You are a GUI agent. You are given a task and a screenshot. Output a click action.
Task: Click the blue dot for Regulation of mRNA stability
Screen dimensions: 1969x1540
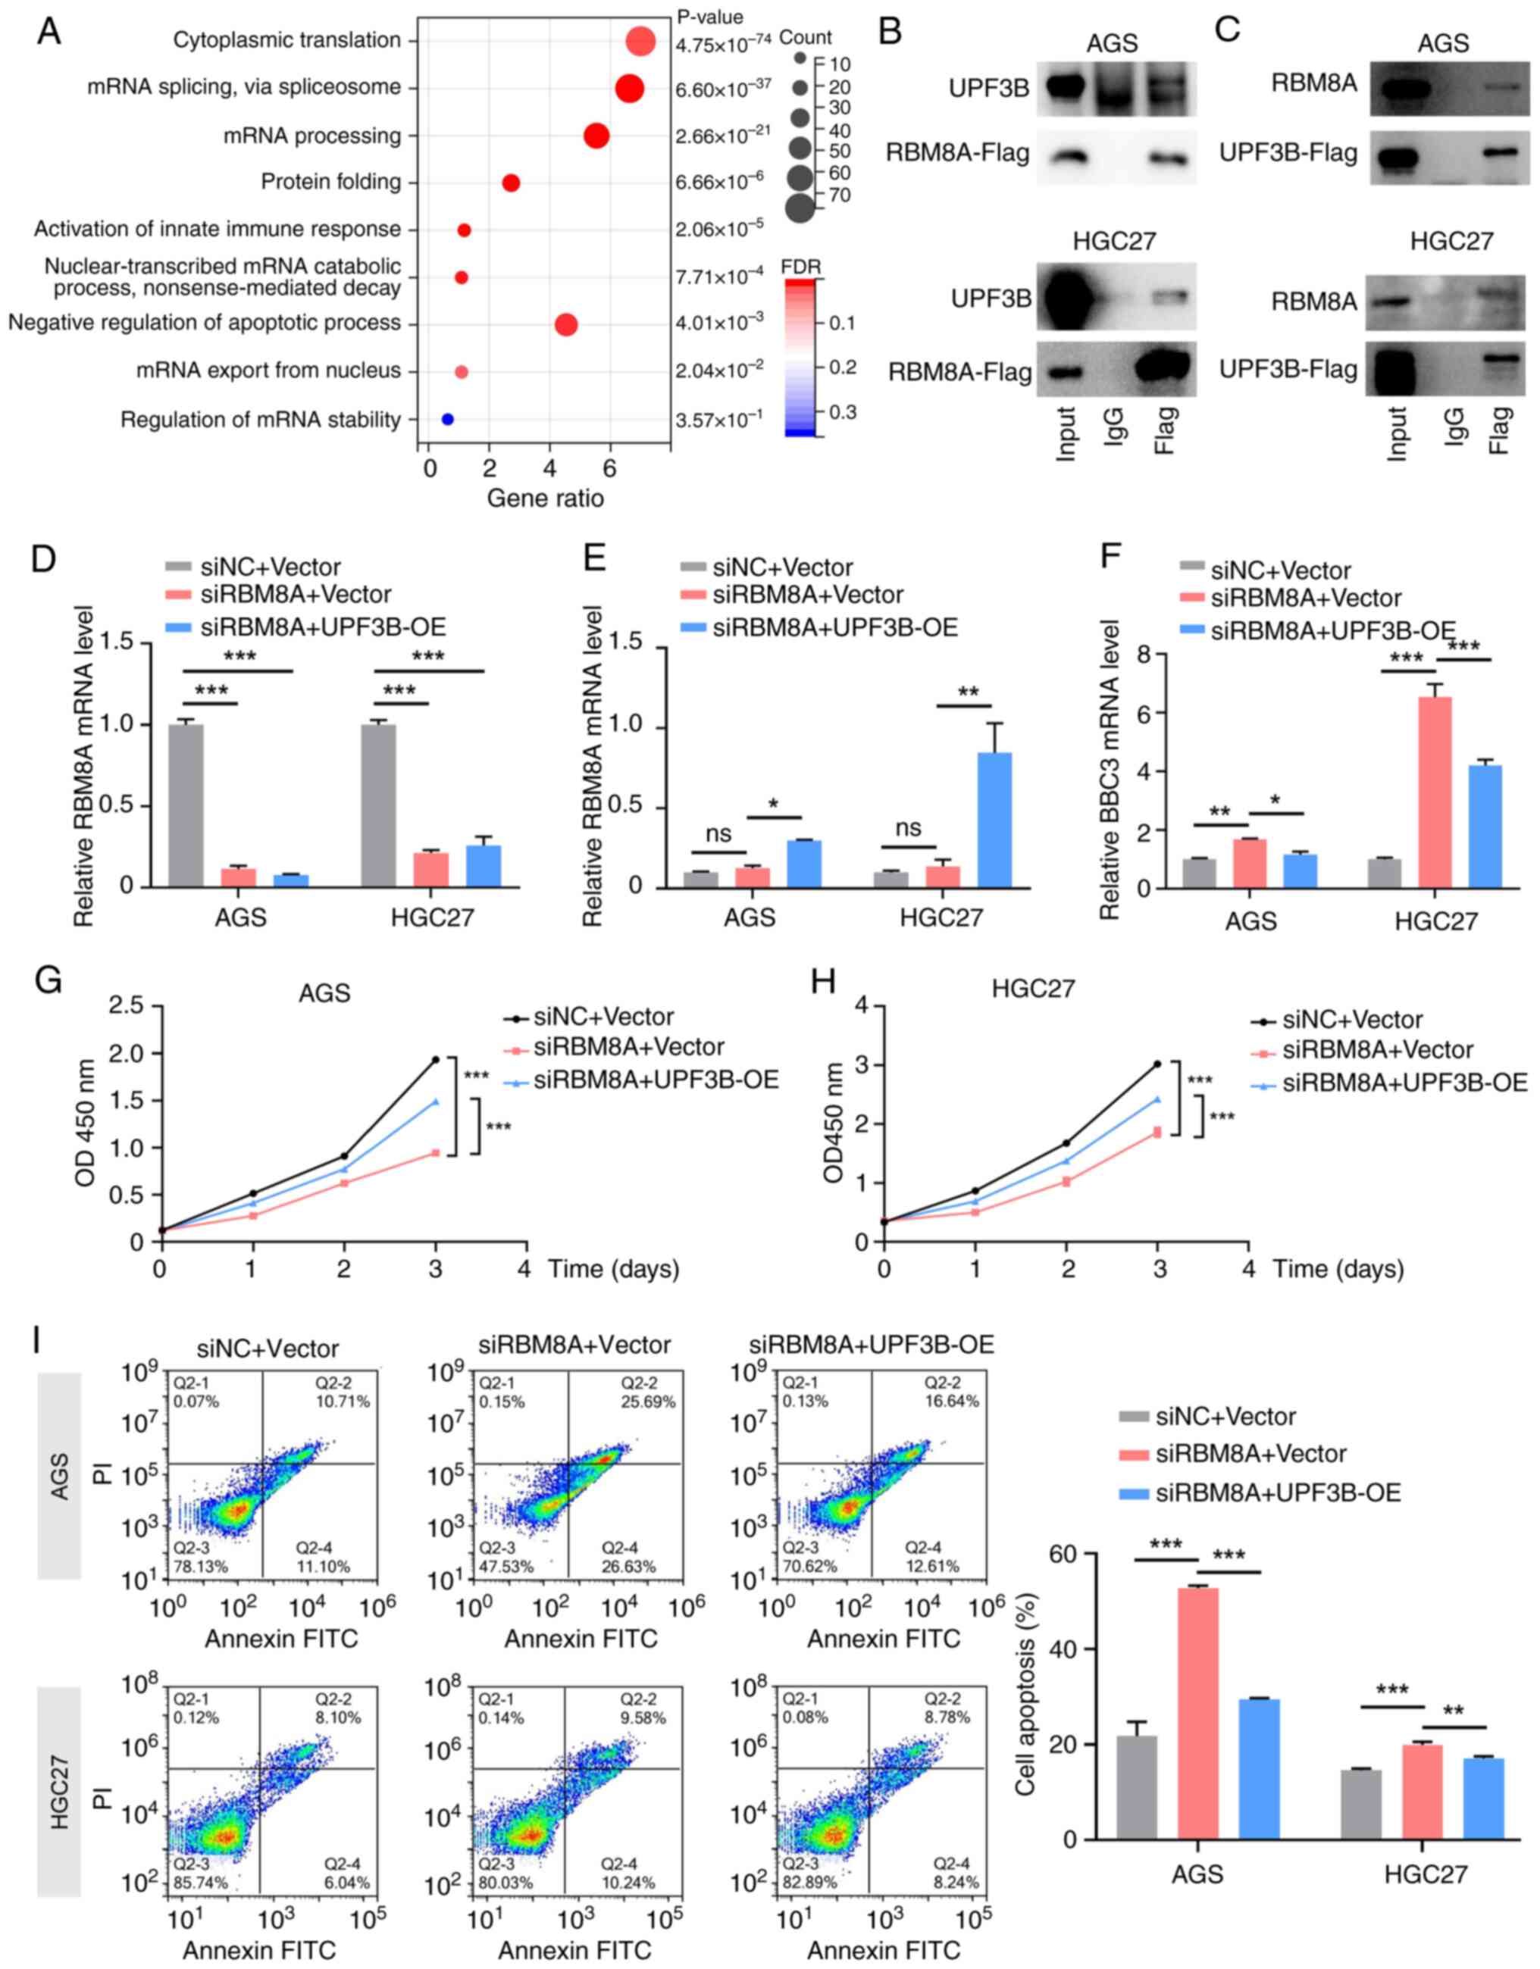[446, 419]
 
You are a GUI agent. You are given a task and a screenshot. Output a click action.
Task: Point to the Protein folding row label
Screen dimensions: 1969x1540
[331, 182]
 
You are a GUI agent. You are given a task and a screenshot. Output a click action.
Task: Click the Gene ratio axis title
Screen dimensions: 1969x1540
[545, 498]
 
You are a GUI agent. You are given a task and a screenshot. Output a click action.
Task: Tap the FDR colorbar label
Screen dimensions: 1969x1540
[800, 267]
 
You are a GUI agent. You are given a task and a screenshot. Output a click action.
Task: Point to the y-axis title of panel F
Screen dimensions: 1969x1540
[1109, 768]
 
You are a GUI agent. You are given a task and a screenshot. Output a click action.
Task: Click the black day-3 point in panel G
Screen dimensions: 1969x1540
[436, 1059]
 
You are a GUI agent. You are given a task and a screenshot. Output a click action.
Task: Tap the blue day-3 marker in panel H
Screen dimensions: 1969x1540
[1159, 1099]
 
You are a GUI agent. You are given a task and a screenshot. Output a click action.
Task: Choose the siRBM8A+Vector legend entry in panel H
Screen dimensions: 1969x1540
[1377, 1049]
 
